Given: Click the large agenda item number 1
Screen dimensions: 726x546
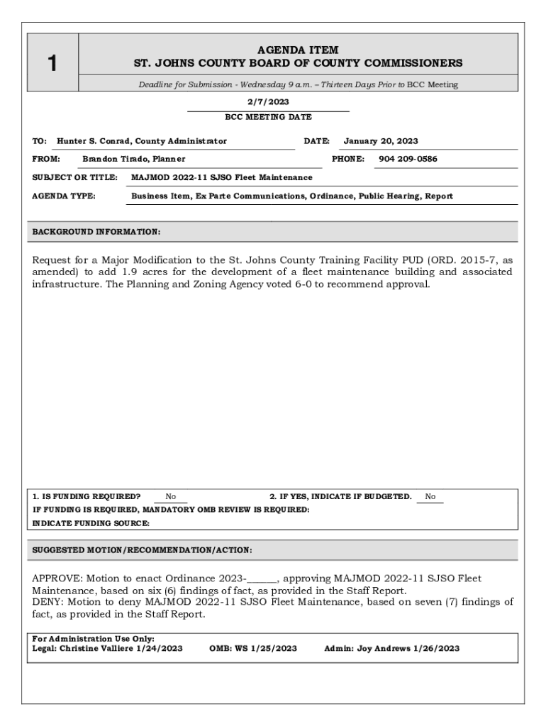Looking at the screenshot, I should point(52,63).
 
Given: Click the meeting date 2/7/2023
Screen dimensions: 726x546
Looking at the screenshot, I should point(268,102).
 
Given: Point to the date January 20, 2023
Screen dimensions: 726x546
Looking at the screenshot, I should point(381,141).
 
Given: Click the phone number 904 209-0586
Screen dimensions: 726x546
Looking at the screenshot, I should point(408,159).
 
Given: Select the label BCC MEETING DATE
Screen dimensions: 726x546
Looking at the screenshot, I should point(268,117).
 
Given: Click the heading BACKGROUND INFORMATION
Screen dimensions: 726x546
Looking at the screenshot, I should point(96,232).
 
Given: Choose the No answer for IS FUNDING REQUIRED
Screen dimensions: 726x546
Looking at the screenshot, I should point(171,497).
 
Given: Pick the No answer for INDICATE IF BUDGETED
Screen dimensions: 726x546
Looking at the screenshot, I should point(430,497).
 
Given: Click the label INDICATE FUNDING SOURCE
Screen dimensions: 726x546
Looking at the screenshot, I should point(91,523).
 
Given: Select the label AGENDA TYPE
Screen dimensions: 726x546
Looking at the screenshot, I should point(65,196).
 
